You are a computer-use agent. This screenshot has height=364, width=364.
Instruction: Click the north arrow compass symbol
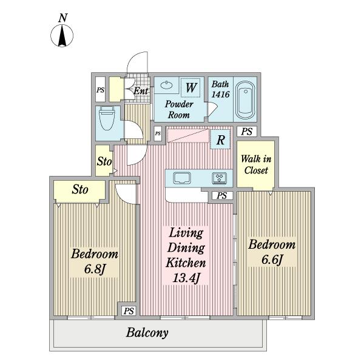(62, 36)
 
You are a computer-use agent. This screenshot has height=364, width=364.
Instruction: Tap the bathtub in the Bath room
(245, 100)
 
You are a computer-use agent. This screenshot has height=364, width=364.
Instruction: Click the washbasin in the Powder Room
(167, 85)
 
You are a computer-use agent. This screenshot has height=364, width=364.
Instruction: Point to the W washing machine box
(190, 87)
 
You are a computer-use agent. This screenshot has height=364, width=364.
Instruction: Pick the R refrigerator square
(221, 140)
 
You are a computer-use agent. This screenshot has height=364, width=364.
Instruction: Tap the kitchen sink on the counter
(182, 178)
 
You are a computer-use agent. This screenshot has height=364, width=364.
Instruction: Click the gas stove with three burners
(220, 178)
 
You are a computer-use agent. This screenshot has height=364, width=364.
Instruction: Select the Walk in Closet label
(256, 164)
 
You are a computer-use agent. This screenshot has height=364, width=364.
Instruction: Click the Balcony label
(147, 332)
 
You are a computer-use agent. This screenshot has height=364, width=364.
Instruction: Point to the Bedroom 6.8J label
(95, 261)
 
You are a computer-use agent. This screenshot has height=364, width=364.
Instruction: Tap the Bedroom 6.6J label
(272, 252)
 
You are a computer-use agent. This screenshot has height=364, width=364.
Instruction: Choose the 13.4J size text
(186, 278)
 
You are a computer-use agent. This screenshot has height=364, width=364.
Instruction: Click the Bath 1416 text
(220, 89)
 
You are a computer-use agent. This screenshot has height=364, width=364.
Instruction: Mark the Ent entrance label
(141, 91)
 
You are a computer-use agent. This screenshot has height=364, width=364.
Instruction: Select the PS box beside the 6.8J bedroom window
(129, 311)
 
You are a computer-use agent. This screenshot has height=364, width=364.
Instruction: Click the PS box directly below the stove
(221, 196)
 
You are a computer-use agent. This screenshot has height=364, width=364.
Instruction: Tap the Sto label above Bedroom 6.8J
(80, 189)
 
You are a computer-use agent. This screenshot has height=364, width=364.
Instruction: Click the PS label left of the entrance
(100, 90)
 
